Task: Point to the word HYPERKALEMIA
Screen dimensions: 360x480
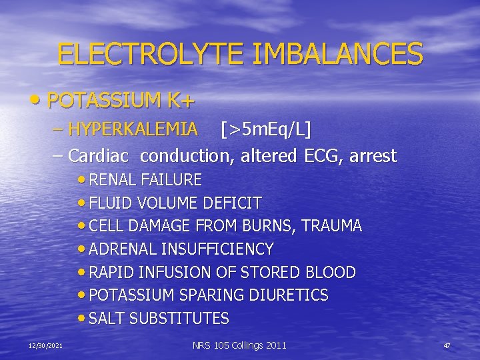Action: click(x=133, y=129)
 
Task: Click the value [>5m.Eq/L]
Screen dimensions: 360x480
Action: click(x=266, y=129)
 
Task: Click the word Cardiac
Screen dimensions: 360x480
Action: click(x=101, y=156)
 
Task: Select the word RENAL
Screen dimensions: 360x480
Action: click(x=113, y=179)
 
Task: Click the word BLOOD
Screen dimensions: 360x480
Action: click(x=331, y=272)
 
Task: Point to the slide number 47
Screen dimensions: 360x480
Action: click(x=447, y=345)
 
